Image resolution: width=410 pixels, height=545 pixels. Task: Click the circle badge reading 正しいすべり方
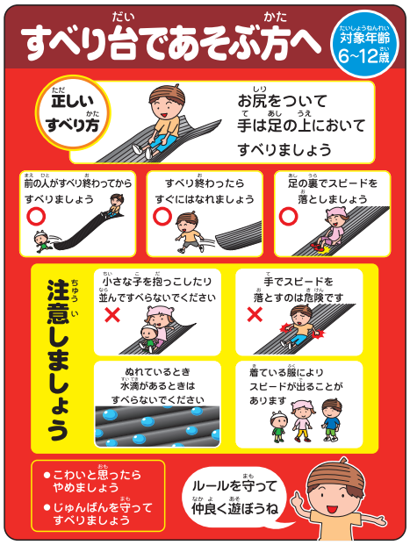point(66,114)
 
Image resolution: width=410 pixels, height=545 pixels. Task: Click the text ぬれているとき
point(157,372)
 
